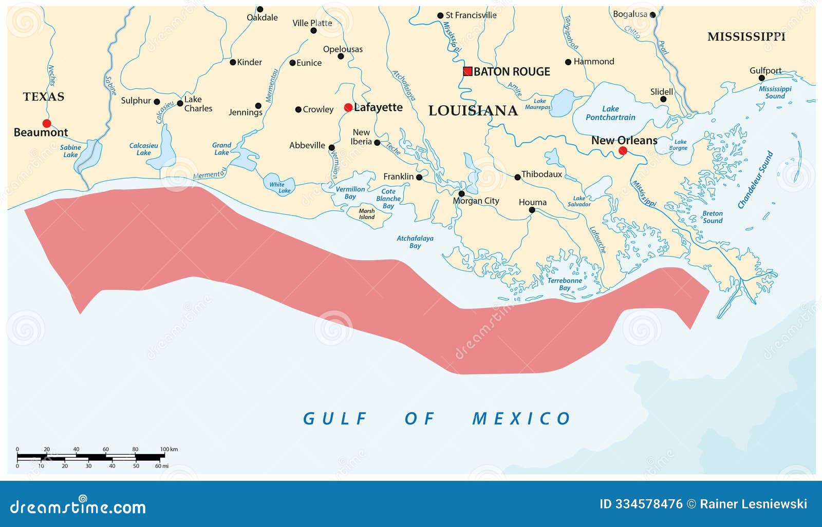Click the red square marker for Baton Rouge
click(x=468, y=71)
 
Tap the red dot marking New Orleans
click(x=623, y=150)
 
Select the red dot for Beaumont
click(x=47, y=123)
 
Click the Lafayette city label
click(x=378, y=107)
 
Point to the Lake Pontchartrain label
click(x=610, y=113)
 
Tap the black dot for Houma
click(x=532, y=210)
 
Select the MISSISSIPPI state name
click(x=746, y=36)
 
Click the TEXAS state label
click(x=44, y=96)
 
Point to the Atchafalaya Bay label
click(x=415, y=242)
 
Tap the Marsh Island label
click(x=366, y=214)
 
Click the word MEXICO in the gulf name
click(x=521, y=419)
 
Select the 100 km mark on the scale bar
click(x=169, y=450)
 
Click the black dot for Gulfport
click(x=762, y=78)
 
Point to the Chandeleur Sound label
click(x=755, y=180)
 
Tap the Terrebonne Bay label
click(x=565, y=284)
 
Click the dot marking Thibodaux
click(x=517, y=177)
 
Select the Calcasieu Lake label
click(x=143, y=149)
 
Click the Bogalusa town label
click(x=630, y=14)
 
